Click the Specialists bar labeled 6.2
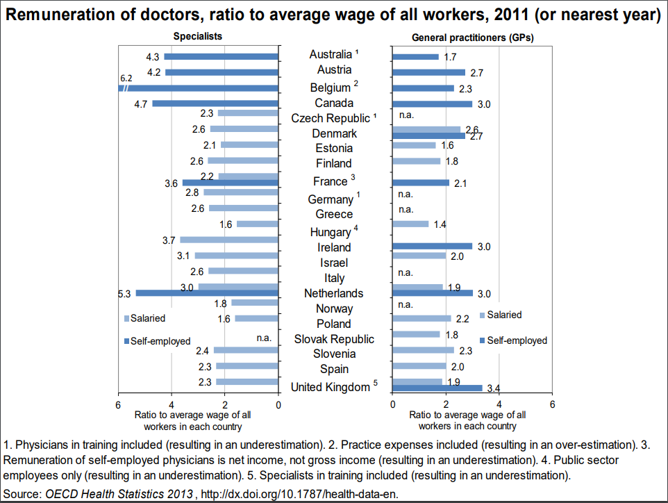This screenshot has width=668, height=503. [x=201, y=88]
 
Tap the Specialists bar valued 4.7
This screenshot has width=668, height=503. [x=215, y=104]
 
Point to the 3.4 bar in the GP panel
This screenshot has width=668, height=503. [x=437, y=388]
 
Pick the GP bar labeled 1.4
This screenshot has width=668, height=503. [x=410, y=224]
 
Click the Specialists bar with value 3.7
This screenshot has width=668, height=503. [x=229, y=240]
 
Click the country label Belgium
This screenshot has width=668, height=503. [x=330, y=88]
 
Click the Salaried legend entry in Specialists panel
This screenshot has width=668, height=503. [x=144, y=318]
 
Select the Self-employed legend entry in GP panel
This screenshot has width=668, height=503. [x=513, y=340]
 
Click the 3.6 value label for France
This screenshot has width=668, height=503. [x=172, y=184]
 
